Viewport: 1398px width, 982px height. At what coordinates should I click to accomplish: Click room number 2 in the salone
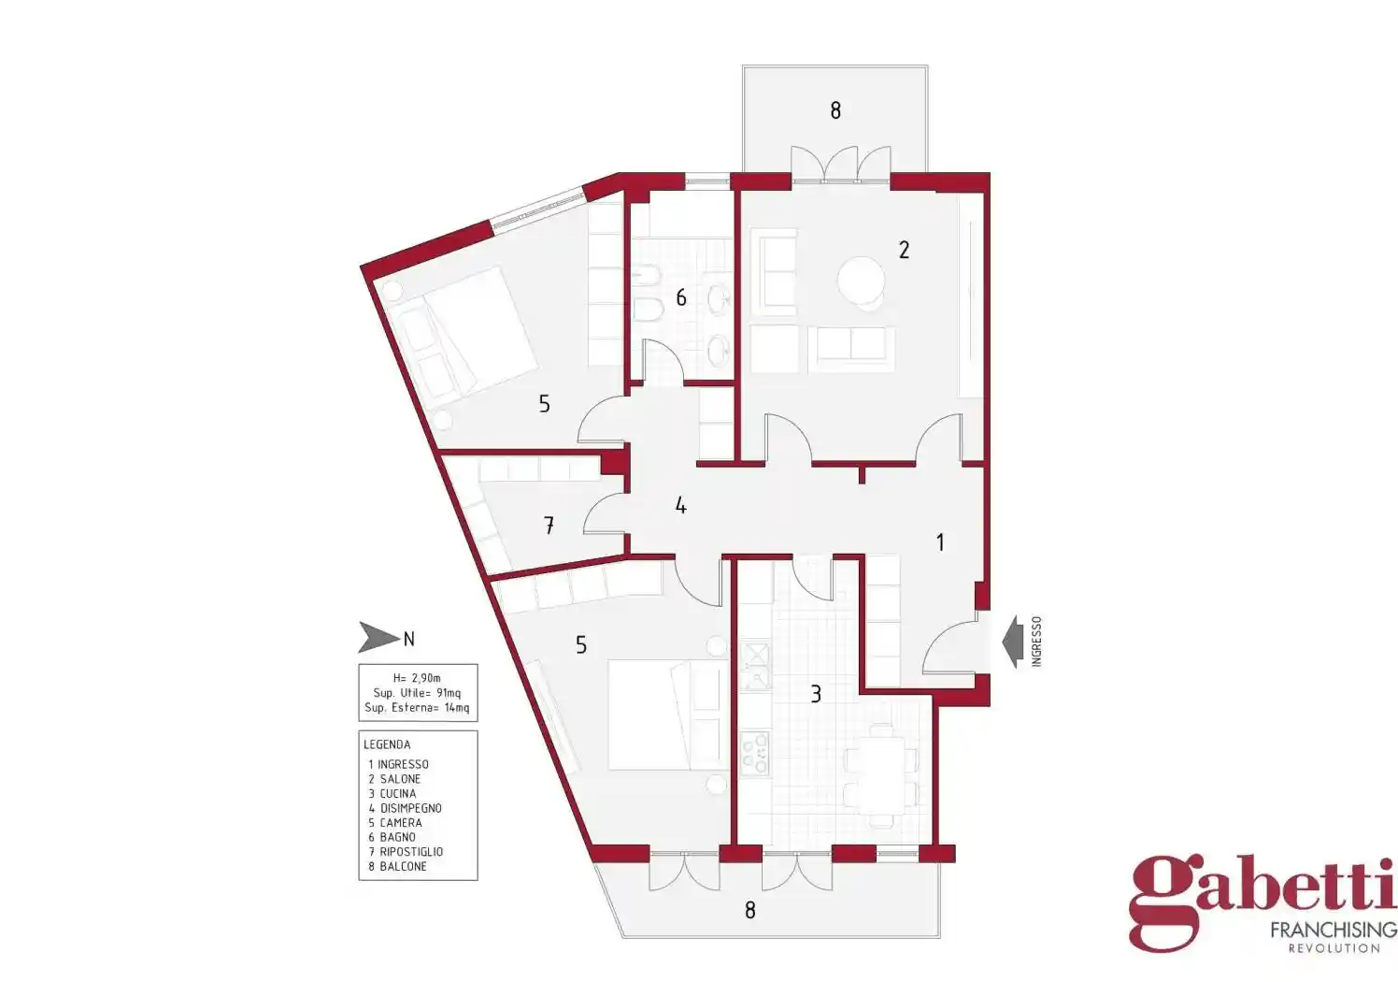click(904, 250)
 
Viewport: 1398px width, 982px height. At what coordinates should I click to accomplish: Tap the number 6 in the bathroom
click(681, 297)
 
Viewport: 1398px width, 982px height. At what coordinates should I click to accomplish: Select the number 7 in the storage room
click(549, 526)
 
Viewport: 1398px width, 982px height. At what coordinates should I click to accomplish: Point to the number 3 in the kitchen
click(816, 693)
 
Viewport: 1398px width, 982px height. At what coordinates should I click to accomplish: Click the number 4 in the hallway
click(681, 505)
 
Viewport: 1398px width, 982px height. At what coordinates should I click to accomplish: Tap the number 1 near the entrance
click(940, 542)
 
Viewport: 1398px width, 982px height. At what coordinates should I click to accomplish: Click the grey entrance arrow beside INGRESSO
click(1013, 642)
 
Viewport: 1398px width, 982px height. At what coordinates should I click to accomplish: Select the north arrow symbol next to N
click(378, 638)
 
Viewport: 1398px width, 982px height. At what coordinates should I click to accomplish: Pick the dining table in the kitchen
click(880, 775)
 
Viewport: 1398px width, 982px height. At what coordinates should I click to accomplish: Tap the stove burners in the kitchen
click(754, 754)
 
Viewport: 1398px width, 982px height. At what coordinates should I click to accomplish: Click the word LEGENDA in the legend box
click(387, 744)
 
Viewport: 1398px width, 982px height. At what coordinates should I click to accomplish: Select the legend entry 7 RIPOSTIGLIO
click(406, 852)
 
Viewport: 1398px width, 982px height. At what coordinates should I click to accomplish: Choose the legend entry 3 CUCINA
click(392, 793)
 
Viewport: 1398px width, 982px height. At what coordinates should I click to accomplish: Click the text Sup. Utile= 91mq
click(417, 693)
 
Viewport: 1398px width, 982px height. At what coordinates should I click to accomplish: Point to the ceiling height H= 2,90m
click(417, 678)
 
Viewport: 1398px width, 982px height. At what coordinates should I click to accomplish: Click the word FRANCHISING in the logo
click(1334, 931)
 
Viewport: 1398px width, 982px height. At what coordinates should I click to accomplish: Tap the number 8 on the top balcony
click(835, 110)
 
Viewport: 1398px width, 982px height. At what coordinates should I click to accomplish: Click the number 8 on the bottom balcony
click(750, 910)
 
